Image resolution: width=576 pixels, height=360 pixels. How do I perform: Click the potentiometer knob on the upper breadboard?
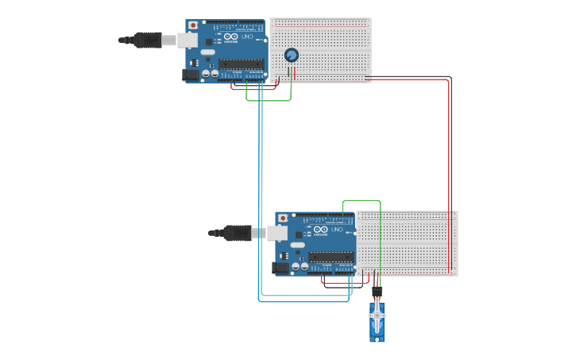(291, 55)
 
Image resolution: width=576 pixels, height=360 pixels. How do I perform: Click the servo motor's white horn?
(377, 316)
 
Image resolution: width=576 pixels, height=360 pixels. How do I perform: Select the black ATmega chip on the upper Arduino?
(242, 64)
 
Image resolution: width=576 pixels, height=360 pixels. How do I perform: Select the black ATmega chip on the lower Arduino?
(331, 256)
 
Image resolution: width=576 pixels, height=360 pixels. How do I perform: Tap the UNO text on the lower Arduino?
(337, 229)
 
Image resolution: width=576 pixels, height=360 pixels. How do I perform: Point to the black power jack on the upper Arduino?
(191, 75)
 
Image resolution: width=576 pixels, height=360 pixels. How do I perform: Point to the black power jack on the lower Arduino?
(280, 268)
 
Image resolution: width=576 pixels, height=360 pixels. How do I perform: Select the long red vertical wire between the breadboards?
(449, 175)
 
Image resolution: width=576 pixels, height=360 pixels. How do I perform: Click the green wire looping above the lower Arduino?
(361, 201)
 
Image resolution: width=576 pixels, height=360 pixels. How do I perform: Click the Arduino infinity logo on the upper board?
(230, 37)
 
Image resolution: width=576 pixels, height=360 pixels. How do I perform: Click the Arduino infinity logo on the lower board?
(319, 229)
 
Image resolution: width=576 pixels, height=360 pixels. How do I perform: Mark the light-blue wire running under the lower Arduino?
(302, 300)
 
